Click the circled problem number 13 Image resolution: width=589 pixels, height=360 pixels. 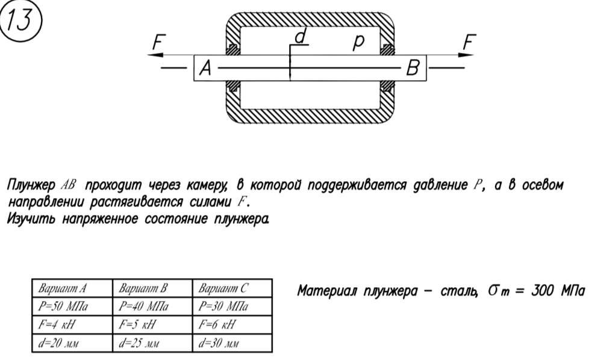tap(20, 20)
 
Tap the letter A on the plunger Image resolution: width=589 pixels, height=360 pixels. tap(205, 68)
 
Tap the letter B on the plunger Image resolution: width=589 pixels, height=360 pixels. tap(413, 68)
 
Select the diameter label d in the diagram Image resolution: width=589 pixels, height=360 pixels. tap(301, 37)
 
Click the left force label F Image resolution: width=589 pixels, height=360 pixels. tap(159, 42)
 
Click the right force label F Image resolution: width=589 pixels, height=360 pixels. tap(470, 42)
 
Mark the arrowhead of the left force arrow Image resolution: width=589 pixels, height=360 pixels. tap(155, 55)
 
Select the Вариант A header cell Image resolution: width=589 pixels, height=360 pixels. tap(72, 288)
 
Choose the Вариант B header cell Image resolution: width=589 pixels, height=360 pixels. tap(152, 288)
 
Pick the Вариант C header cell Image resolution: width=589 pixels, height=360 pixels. tap(232, 288)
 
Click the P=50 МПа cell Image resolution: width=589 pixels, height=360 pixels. tap(72, 306)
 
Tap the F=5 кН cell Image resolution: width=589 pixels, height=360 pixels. tap(152, 324)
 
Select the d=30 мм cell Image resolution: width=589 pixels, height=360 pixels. tap(232, 343)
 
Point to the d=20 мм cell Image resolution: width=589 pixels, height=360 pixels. tap(72, 343)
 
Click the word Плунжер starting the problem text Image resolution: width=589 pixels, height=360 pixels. tap(31, 185)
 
